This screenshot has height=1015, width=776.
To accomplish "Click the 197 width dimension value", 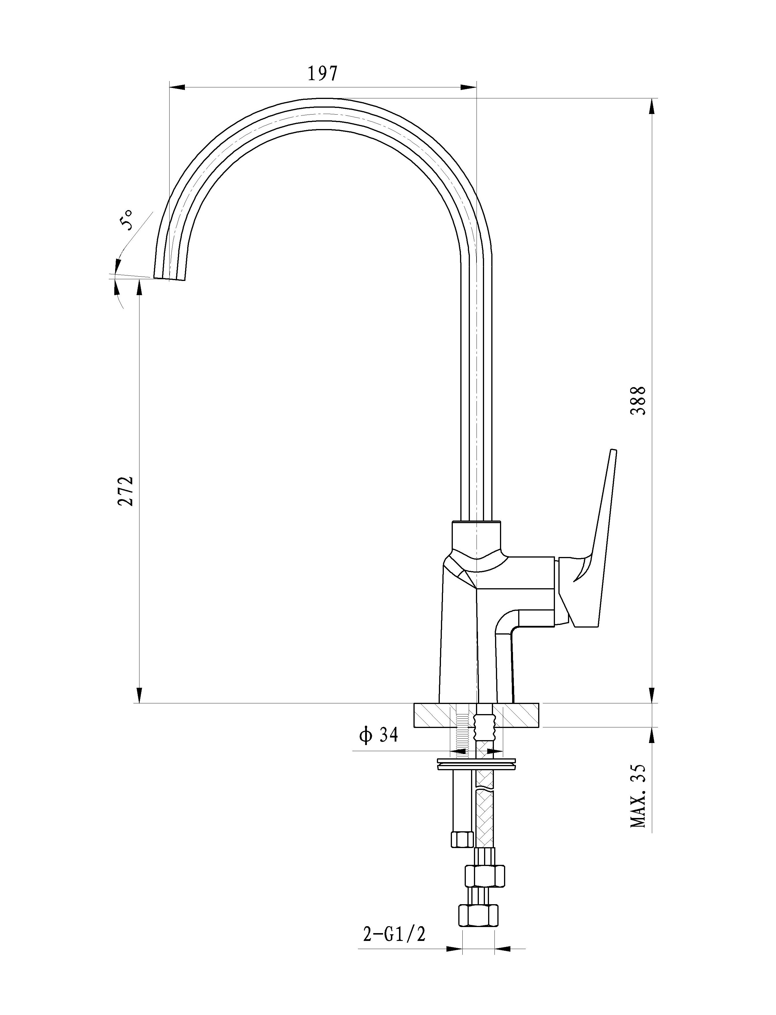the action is (323, 73).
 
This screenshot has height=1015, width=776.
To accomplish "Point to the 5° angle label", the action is (126, 220).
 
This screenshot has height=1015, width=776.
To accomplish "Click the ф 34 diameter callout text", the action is (378, 735).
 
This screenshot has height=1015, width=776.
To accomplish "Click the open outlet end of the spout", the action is (169, 278).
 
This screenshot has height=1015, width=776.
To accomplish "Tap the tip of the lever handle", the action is (614, 450).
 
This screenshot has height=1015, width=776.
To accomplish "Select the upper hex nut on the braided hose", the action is (484, 876).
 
